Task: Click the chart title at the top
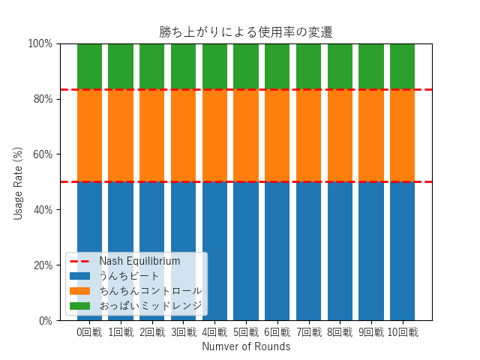246,32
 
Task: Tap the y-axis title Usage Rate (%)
18,182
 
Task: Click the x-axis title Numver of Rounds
246,346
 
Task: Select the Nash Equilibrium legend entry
139,261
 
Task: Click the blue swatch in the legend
79,276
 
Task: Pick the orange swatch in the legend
79,291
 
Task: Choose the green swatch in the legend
79,306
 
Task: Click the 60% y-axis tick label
42,154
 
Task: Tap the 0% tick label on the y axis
45,321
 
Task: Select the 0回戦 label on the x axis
89,332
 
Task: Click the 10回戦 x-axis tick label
402,332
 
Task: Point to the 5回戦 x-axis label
246,332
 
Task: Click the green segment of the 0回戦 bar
89,66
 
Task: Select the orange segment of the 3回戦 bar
183,136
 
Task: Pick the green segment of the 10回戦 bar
402,66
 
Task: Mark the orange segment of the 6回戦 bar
277,136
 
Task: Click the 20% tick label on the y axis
42,265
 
